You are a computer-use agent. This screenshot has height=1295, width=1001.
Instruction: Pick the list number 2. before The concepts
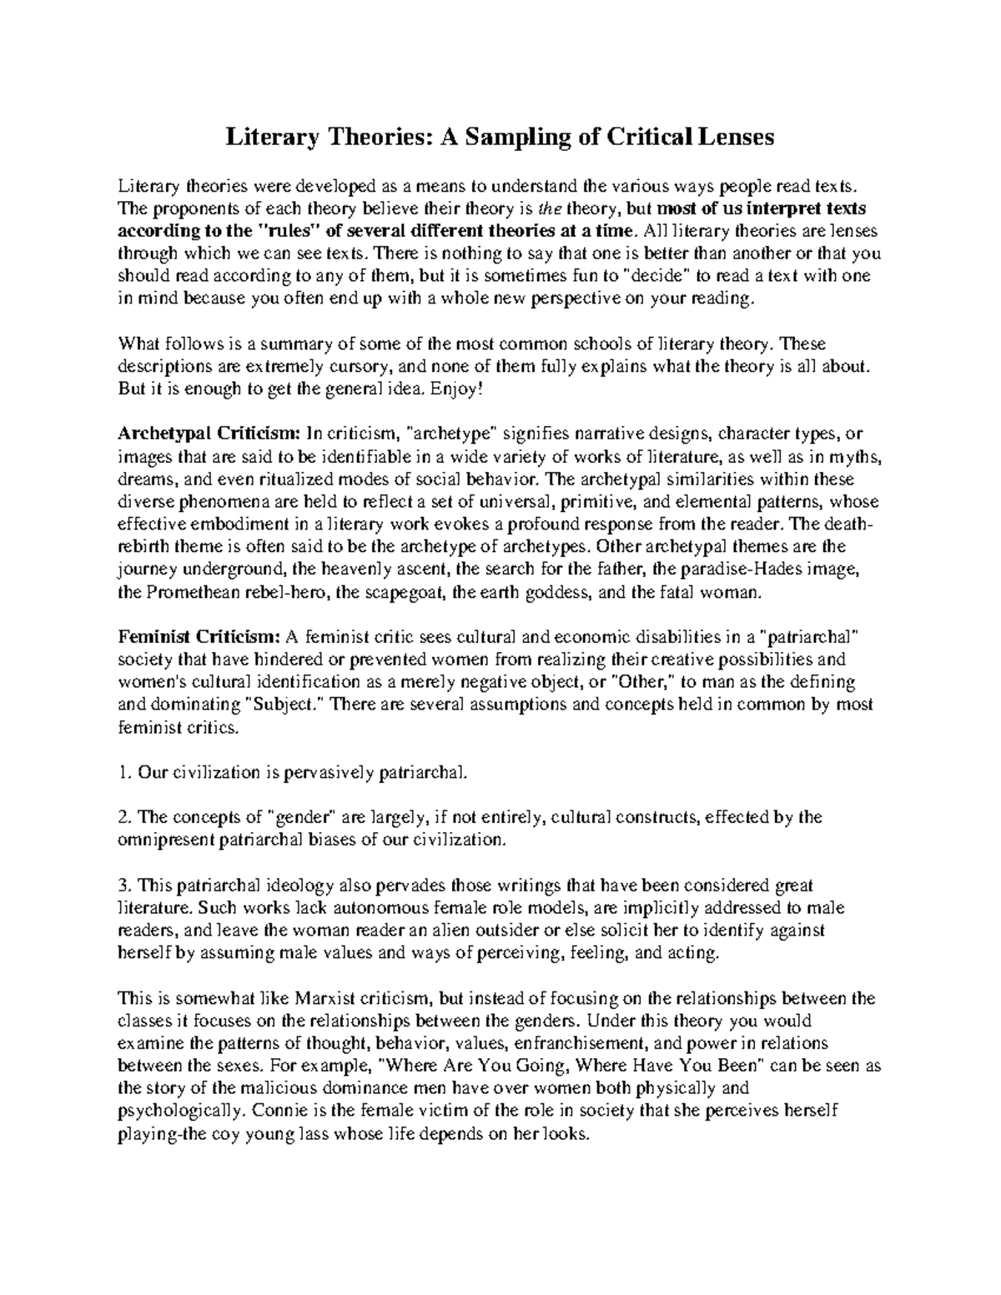124,817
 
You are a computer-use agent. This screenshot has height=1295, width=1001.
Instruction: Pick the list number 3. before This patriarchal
124,886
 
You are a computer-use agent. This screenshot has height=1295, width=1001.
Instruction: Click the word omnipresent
165,840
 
